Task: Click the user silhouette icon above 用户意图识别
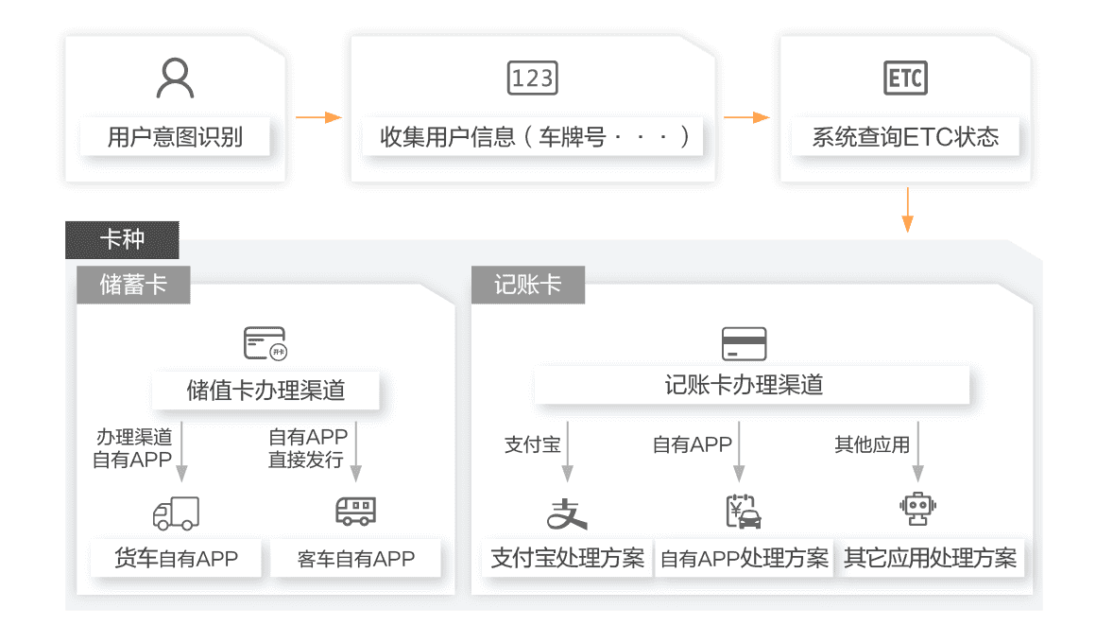tap(175, 78)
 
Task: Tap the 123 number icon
tap(532, 78)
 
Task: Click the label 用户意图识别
tap(175, 137)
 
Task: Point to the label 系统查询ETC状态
tap(905, 137)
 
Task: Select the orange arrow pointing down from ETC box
tap(907, 209)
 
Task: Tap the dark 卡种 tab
tap(122, 239)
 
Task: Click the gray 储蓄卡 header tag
tap(133, 285)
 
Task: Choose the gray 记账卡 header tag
tap(527, 285)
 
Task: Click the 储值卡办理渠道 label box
tap(265, 391)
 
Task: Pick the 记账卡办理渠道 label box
tap(752, 385)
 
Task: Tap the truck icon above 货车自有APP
tap(176, 513)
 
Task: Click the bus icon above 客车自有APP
tap(355, 512)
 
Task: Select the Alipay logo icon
tap(568, 513)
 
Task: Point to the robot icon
tap(916, 511)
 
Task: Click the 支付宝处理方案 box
tap(568, 558)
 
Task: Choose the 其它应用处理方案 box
tap(931, 558)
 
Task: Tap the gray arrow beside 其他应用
tap(917, 452)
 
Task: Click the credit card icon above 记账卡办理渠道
tap(744, 343)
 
